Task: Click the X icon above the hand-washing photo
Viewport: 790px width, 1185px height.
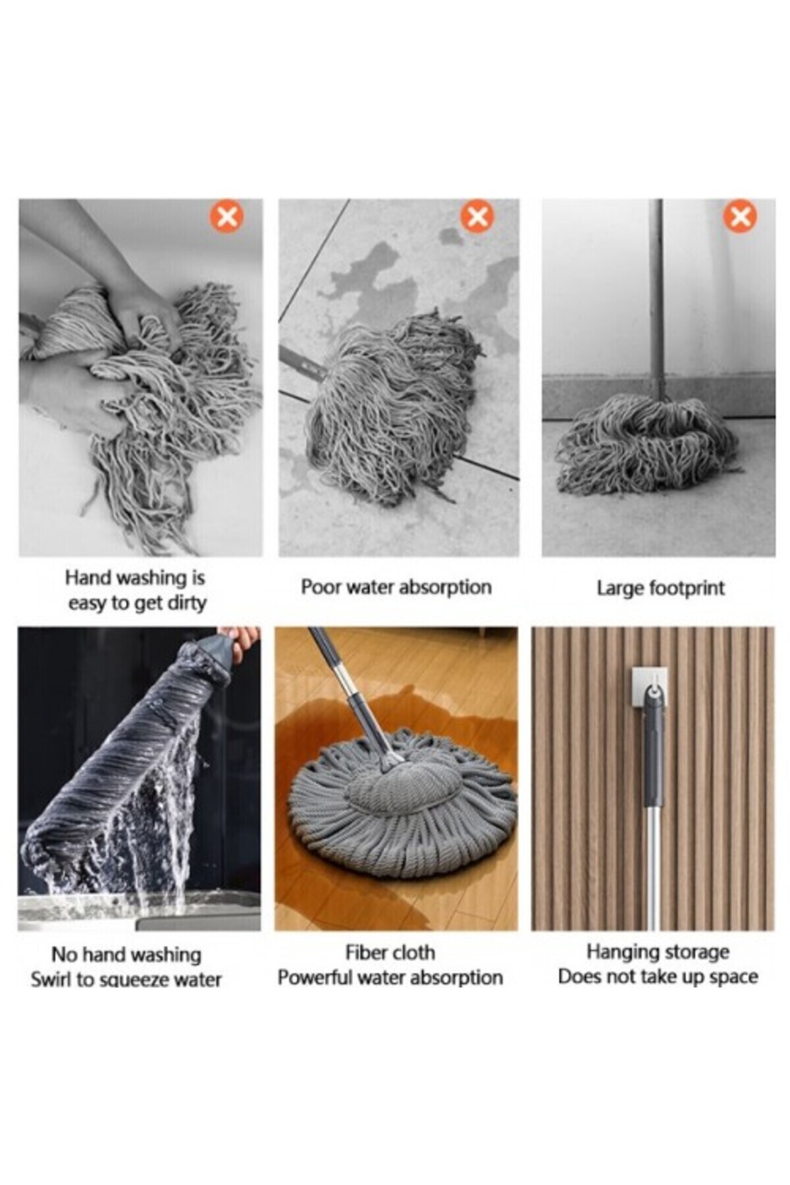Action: click(x=226, y=216)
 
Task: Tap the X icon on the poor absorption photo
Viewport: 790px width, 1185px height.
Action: click(x=477, y=216)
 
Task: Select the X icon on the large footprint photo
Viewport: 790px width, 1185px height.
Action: click(x=740, y=216)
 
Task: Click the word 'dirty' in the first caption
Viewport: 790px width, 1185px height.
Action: click(x=186, y=603)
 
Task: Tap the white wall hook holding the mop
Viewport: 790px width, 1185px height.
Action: click(x=650, y=691)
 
